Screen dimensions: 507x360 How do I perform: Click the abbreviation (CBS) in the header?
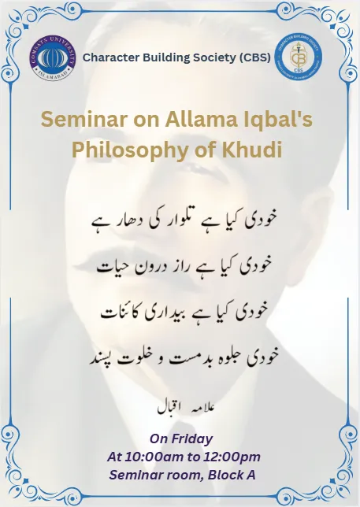point(253,57)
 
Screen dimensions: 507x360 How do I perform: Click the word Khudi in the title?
point(254,150)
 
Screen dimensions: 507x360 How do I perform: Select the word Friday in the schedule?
point(192,439)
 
